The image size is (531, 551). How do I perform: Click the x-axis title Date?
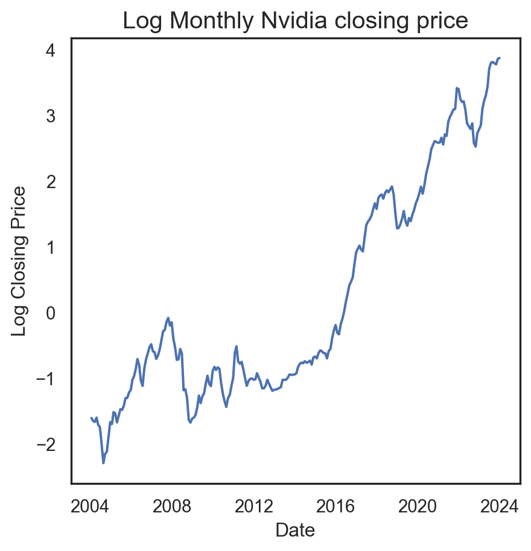pos(295,530)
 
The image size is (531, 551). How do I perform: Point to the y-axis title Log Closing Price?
pos(20,261)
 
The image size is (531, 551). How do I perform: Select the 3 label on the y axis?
pos(52,116)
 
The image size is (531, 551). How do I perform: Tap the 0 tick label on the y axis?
pos(52,313)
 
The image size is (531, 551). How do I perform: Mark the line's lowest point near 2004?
pos(103,463)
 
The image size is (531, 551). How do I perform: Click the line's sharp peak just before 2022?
pos(457,88)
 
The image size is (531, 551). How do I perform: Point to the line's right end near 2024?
pos(500,58)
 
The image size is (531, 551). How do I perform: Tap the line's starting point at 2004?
pos(91,418)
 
